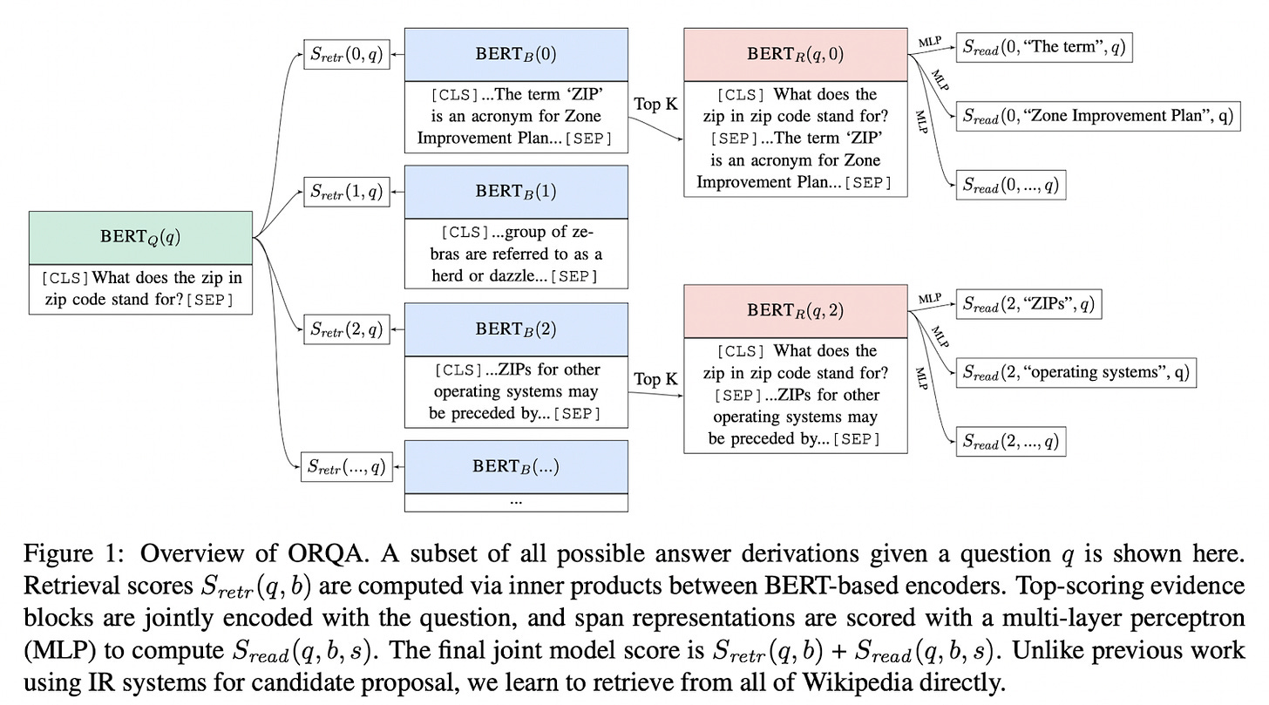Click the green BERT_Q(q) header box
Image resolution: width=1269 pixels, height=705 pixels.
(140, 237)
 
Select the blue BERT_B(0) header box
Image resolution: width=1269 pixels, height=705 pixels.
(516, 54)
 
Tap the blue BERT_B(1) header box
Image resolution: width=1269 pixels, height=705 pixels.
(516, 191)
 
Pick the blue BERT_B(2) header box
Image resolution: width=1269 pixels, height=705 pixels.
(516, 329)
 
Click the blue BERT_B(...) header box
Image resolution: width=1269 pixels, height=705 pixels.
(516, 465)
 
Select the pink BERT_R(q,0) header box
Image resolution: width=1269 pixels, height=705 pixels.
(795, 54)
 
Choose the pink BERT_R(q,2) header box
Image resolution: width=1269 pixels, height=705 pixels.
(795, 310)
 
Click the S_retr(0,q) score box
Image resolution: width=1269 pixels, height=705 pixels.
(346, 54)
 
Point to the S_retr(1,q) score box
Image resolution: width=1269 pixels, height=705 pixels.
(346, 191)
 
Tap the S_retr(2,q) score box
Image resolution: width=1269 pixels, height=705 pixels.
(346, 329)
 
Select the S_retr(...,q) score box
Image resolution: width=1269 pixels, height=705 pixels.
(346, 466)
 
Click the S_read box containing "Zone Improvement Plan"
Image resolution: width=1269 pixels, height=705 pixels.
(1097, 116)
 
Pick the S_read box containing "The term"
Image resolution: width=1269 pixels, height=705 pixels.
(1044, 48)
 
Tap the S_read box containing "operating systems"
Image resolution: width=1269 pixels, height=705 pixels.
(1075, 373)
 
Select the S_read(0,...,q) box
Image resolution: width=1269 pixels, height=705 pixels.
(1010, 185)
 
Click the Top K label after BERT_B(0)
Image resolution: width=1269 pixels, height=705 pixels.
(655, 104)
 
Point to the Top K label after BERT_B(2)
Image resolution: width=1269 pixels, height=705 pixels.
(655, 378)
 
